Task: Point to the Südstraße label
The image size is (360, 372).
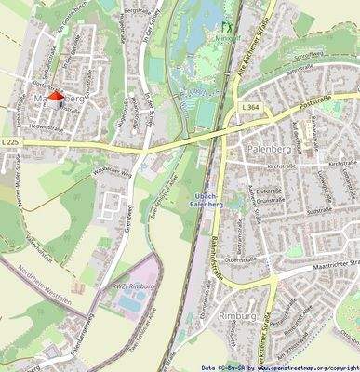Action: pyautogui.click(x=318, y=211)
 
